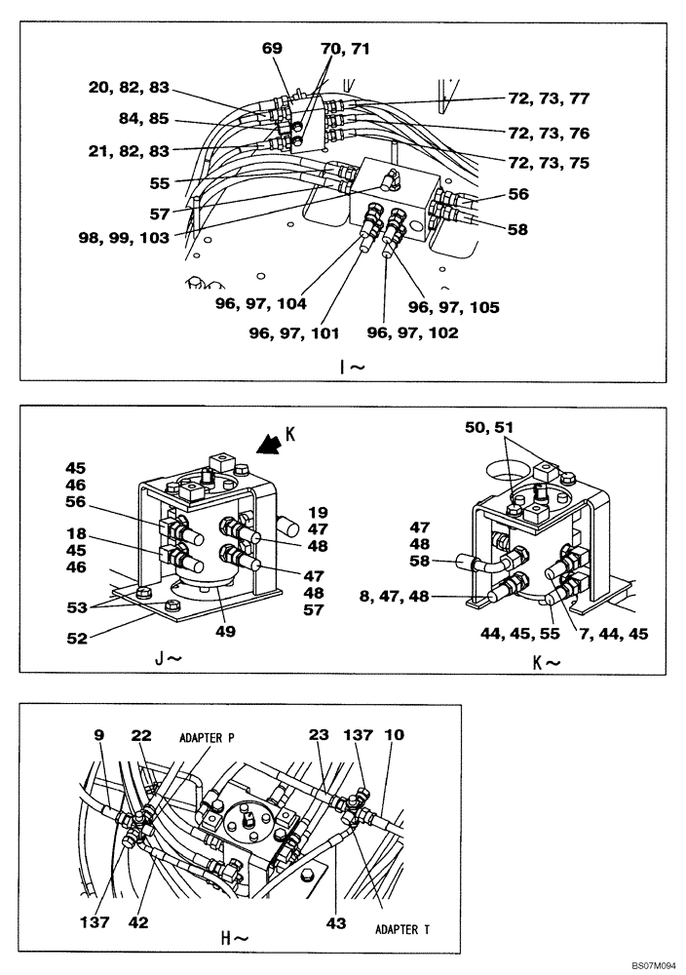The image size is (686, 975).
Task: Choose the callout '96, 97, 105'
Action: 453,307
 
